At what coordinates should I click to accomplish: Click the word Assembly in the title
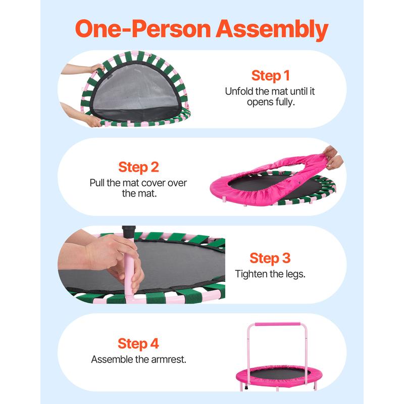pyautogui.click(x=272, y=29)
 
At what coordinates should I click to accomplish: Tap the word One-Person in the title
pyautogui.click(x=143, y=29)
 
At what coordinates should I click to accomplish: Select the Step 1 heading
pyautogui.click(x=271, y=76)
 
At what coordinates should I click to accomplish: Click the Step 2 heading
pyautogui.click(x=138, y=167)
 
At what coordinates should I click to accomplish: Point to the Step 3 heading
pyautogui.click(x=270, y=258)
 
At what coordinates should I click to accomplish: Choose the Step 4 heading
pyautogui.click(x=138, y=344)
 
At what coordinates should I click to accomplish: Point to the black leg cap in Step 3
pyautogui.click(x=129, y=232)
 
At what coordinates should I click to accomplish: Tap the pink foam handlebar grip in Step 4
pyautogui.click(x=277, y=324)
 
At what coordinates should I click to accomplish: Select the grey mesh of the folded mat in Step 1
pyautogui.click(x=135, y=87)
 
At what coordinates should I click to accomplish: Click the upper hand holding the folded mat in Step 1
pyautogui.click(x=95, y=69)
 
